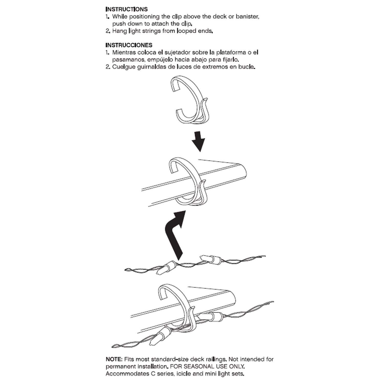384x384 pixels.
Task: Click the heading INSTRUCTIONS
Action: pos(126,9)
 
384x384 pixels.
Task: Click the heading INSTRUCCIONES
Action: pos(129,45)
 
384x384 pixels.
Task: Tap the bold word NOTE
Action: pos(113,359)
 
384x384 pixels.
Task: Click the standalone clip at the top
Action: pos(189,102)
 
